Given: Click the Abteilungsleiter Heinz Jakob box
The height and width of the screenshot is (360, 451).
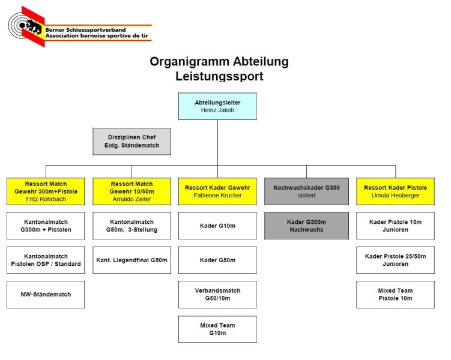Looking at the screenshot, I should (x=217, y=106).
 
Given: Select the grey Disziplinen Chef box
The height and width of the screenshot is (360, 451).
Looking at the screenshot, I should (x=132, y=142).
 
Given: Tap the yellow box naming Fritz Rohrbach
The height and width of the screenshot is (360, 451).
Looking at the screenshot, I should (x=46, y=191).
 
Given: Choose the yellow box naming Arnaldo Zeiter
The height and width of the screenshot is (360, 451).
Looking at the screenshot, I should (x=132, y=191).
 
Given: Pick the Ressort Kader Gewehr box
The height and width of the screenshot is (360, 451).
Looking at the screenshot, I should (x=217, y=191).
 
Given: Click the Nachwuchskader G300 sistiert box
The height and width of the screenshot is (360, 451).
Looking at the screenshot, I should (x=306, y=191).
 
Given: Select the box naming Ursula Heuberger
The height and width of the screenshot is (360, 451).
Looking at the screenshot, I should (x=395, y=191).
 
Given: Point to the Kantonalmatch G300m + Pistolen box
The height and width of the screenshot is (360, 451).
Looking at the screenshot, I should (x=46, y=226).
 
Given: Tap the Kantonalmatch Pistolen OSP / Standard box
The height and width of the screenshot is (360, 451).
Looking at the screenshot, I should (x=46, y=260).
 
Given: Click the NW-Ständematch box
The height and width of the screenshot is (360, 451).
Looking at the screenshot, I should (x=46, y=295).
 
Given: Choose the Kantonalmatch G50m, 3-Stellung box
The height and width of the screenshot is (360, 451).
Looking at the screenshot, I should (x=132, y=226).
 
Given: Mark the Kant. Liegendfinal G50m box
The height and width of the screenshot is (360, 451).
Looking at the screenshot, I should (x=132, y=260).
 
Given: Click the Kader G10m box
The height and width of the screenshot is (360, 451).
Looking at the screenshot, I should (x=217, y=226).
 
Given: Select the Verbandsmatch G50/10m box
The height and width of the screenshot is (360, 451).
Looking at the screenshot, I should (x=217, y=295).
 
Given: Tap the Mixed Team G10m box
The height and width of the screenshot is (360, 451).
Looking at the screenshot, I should (x=217, y=329).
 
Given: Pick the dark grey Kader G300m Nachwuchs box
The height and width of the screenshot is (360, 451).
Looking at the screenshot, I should (x=306, y=226).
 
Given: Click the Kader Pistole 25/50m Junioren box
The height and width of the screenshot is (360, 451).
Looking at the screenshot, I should (x=395, y=260).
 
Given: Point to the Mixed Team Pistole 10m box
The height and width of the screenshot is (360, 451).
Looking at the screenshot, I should (x=395, y=295).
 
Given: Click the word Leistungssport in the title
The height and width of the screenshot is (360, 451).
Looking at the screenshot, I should (x=219, y=76).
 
